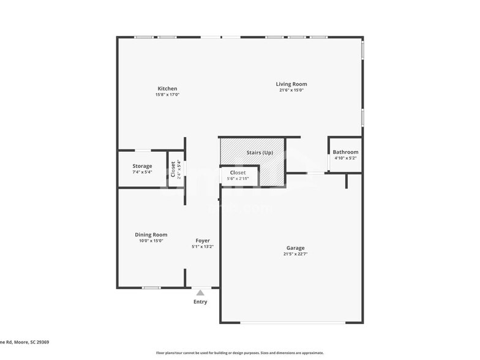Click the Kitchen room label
[x=167, y=89]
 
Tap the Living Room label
[x=291, y=84]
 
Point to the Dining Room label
[x=151, y=234]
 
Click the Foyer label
[x=203, y=241]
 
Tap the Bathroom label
[x=345, y=152]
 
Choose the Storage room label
[x=142, y=166]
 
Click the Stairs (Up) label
[x=260, y=152]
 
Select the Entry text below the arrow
[x=200, y=302]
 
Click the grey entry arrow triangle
[x=200, y=293]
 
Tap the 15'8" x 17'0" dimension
[x=167, y=95]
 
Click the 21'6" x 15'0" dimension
[x=291, y=91]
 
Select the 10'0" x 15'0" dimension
[x=151, y=241]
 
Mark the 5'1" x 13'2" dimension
[x=203, y=247]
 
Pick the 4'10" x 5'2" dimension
[x=345, y=158]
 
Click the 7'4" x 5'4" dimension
[x=142, y=172]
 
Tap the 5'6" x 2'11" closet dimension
[x=238, y=179]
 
